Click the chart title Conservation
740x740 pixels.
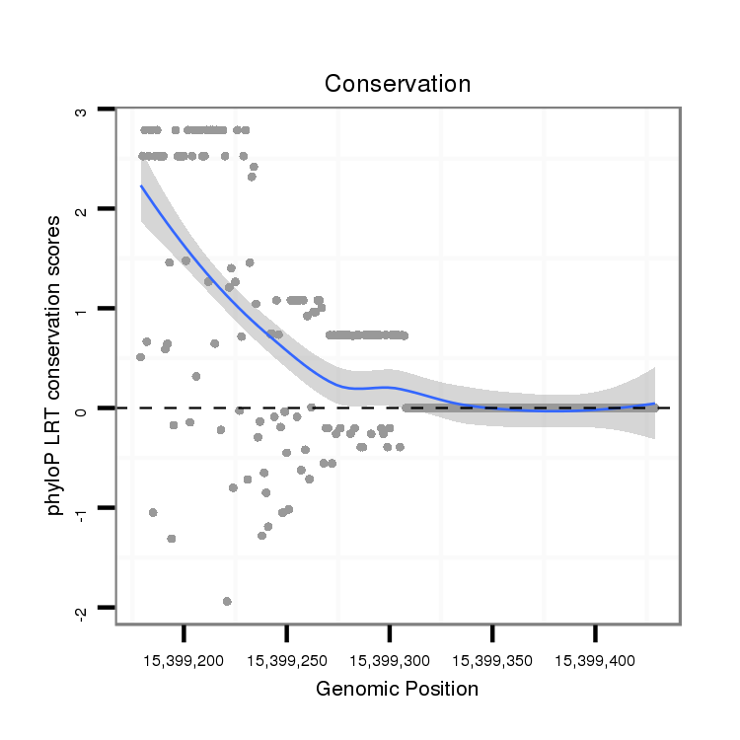398,84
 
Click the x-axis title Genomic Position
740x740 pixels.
397,689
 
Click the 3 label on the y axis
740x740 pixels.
82,111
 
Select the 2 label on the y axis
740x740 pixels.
82,210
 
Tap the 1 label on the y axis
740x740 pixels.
82,310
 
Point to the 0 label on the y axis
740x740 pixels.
82,409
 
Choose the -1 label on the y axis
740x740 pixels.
82,509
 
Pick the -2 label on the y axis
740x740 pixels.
82,611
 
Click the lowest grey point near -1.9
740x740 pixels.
227,601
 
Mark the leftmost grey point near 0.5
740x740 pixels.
140,357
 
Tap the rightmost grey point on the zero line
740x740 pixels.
653,407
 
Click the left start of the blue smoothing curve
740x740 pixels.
141,185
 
